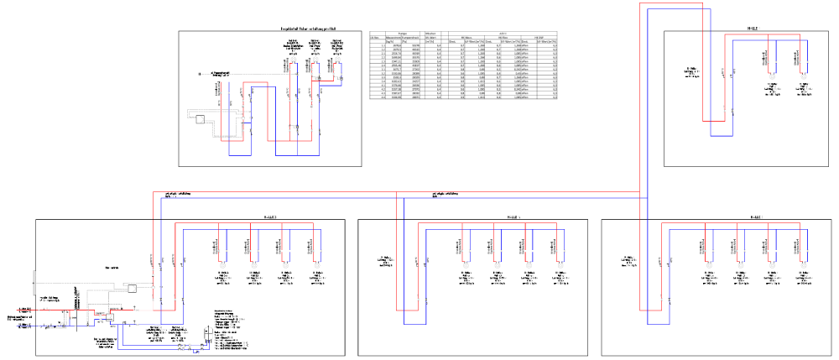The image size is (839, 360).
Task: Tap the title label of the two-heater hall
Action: (x=753, y=28)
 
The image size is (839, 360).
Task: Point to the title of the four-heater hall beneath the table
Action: (x=513, y=217)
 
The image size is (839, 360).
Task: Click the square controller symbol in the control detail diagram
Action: (x=201, y=118)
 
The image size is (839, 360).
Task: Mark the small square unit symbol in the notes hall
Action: (x=132, y=288)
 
